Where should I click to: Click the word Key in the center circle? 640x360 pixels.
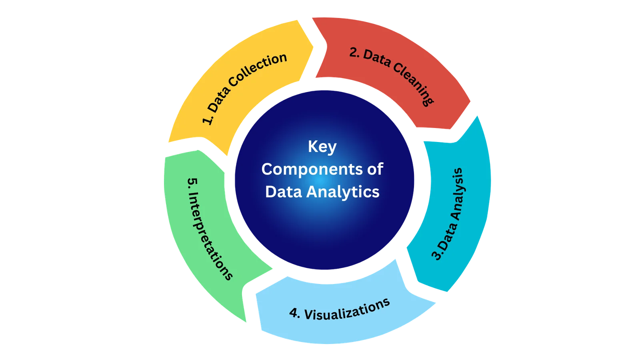[x=322, y=147]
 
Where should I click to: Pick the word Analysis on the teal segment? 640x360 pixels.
[x=458, y=194]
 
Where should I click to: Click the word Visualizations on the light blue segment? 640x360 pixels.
[x=347, y=310]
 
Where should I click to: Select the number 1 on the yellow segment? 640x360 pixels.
[x=206, y=120]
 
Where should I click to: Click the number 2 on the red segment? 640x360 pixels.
[x=354, y=52]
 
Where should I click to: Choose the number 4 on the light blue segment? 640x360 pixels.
[x=294, y=313]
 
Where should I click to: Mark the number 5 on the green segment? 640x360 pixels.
[x=192, y=182]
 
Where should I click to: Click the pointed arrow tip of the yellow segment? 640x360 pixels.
[x=313, y=47]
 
